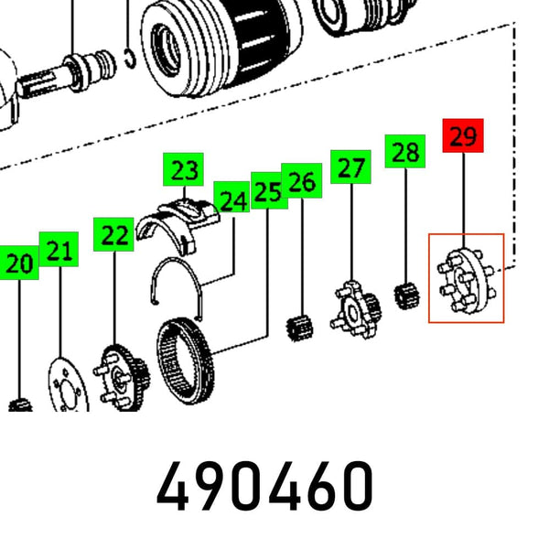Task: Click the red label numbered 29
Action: (463, 135)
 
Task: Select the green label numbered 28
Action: (405, 151)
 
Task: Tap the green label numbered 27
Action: (350, 167)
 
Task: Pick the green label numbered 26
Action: (301, 180)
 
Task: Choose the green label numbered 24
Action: (231, 197)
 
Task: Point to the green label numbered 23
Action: (184, 169)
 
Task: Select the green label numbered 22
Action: (113, 234)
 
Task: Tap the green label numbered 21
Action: (59, 249)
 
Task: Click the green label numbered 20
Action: (19, 263)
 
